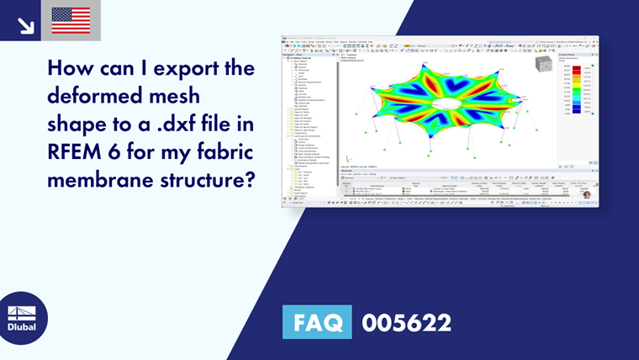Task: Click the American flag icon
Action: pos(71,20)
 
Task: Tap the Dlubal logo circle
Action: pos(23,319)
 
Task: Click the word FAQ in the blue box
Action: pos(318,322)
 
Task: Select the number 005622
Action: pos(406,322)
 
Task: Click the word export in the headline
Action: pos(186,66)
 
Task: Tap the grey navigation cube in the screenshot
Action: pos(541,65)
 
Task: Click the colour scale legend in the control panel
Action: pos(579,89)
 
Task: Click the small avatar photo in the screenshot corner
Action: pos(586,194)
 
